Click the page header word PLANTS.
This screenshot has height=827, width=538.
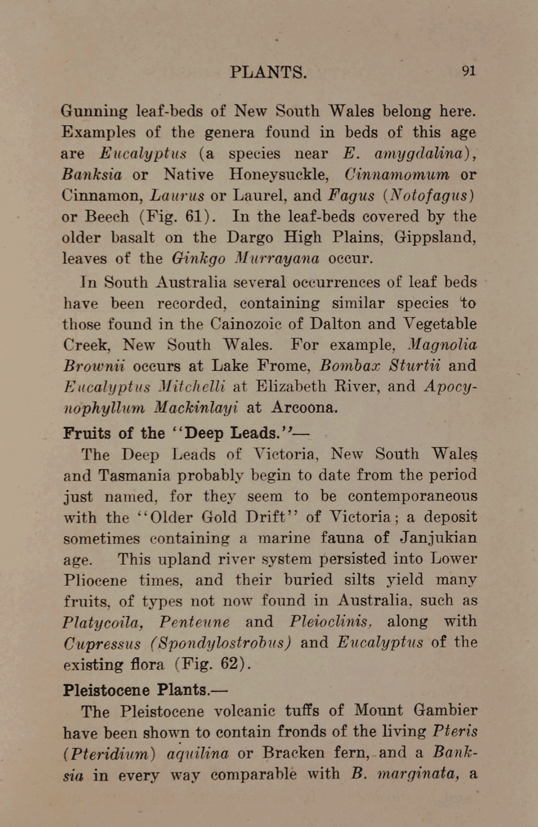click(x=268, y=72)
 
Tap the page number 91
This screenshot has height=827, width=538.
click(x=468, y=71)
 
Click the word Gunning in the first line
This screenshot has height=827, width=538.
click(x=94, y=112)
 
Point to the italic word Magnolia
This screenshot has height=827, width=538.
click(x=442, y=345)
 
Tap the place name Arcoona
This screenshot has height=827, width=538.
click(x=304, y=408)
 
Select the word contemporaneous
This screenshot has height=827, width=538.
click(x=412, y=496)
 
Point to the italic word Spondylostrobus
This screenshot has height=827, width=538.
click(x=220, y=643)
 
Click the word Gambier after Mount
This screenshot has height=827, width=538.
click(x=445, y=711)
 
